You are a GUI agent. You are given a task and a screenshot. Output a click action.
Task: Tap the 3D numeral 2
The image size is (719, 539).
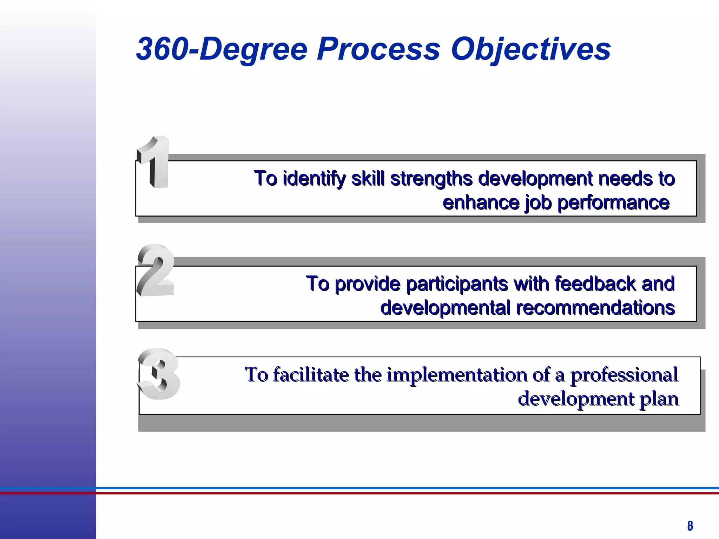tap(156, 270)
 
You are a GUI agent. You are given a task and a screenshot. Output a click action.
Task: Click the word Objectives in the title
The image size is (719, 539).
tap(530, 49)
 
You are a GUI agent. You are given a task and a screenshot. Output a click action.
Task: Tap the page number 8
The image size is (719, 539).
tap(690, 526)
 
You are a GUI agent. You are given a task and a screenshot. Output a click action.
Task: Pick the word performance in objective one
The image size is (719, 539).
tap(613, 203)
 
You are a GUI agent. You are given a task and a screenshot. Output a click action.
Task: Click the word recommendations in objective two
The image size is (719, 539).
tap(595, 308)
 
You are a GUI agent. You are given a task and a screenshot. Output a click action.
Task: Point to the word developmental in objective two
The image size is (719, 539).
tap(445, 308)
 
